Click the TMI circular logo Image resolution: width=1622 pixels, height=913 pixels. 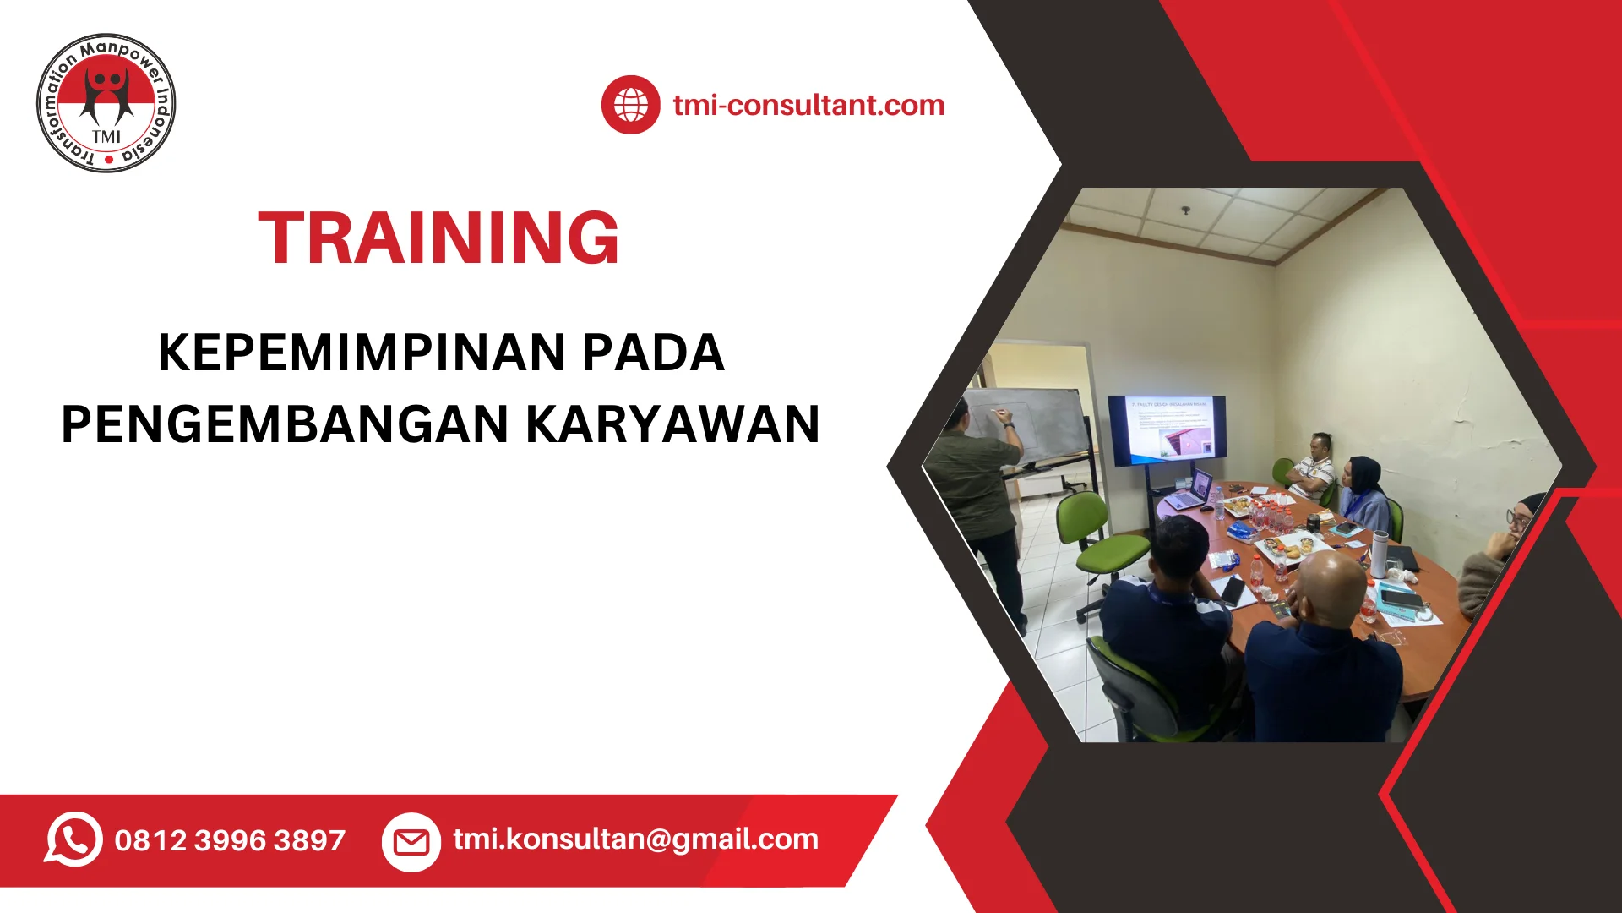(106, 103)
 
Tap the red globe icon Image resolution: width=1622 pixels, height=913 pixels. (630, 105)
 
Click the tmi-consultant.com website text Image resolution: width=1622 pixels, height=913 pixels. (808, 106)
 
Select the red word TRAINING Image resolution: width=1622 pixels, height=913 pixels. (438, 238)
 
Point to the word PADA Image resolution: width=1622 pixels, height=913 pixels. (653, 353)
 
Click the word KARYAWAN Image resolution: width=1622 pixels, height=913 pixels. (672, 424)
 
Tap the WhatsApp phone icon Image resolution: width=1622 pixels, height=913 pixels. (73, 839)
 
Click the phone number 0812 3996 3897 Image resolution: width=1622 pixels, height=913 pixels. (230, 840)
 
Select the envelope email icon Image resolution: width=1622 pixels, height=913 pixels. (411, 841)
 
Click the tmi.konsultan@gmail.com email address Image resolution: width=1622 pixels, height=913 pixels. (635, 839)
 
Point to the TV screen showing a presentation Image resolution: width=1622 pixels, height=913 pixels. (1167, 429)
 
